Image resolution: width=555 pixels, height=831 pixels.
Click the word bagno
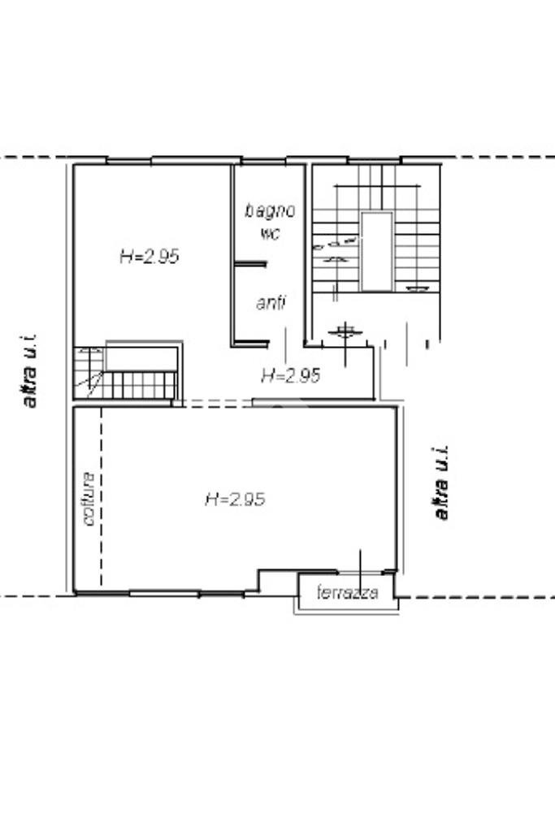(x=270, y=210)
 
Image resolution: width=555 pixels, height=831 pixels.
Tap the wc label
(x=270, y=233)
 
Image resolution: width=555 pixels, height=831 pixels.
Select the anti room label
(x=270, y=304)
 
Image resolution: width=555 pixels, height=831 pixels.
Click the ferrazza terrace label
(x=347, y=593)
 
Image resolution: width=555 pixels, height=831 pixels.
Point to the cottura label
(x=89, y=498)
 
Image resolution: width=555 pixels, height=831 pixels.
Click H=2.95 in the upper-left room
(x=149, y=256)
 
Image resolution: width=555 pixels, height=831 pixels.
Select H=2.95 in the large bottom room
(x=235, y=499)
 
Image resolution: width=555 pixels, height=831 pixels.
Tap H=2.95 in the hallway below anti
(x=290, y=375)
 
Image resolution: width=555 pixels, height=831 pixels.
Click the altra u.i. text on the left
(x=31, y=370)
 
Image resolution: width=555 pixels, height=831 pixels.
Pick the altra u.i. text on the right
(x=441, y=483)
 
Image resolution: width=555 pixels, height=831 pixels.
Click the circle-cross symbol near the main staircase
(x=345, y=331)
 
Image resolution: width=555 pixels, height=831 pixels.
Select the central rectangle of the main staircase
(x=376, y=251)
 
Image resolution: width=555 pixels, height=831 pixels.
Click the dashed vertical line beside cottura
(x=102, y=496)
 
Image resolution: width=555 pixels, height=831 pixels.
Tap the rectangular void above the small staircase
(x=141, y=357)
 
